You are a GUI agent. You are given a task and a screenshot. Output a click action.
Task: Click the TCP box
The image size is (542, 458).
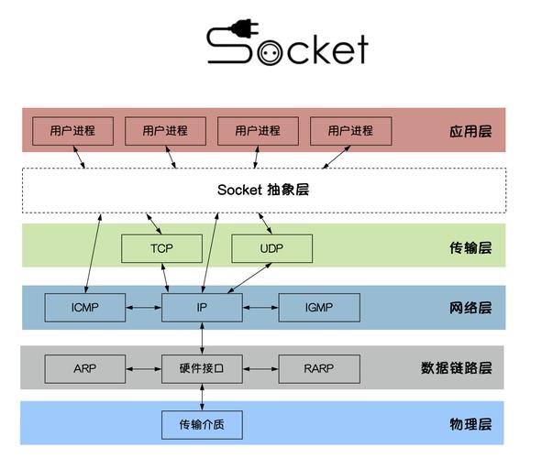click(x=161, y=248)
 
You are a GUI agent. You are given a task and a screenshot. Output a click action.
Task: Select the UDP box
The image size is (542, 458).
click(x=271, y=248)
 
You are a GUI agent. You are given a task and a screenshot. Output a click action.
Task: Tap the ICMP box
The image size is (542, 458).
click(x=85, y=308)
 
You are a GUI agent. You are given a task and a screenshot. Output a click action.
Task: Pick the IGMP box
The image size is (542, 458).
click(x=318, y=308)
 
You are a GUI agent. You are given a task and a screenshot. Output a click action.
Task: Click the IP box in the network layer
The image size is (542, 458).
click(x=202, y=308)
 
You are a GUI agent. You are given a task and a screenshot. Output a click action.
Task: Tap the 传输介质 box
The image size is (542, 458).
click(x=202, y=424)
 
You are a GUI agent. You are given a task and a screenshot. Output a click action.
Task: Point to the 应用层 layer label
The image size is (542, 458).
click(x=470, y=131)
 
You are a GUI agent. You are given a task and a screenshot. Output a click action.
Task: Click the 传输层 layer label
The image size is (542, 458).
click(x=470, y=248)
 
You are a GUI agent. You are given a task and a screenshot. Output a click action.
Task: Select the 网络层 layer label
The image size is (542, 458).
click(x=470, y=308)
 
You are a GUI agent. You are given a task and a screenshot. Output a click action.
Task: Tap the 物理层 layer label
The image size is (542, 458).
click(x=470, y=424)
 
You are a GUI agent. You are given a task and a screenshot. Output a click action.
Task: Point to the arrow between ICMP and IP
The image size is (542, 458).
click(x=143, y=308)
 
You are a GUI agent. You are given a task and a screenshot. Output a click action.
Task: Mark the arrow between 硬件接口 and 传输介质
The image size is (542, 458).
click(x=202, y=396)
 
